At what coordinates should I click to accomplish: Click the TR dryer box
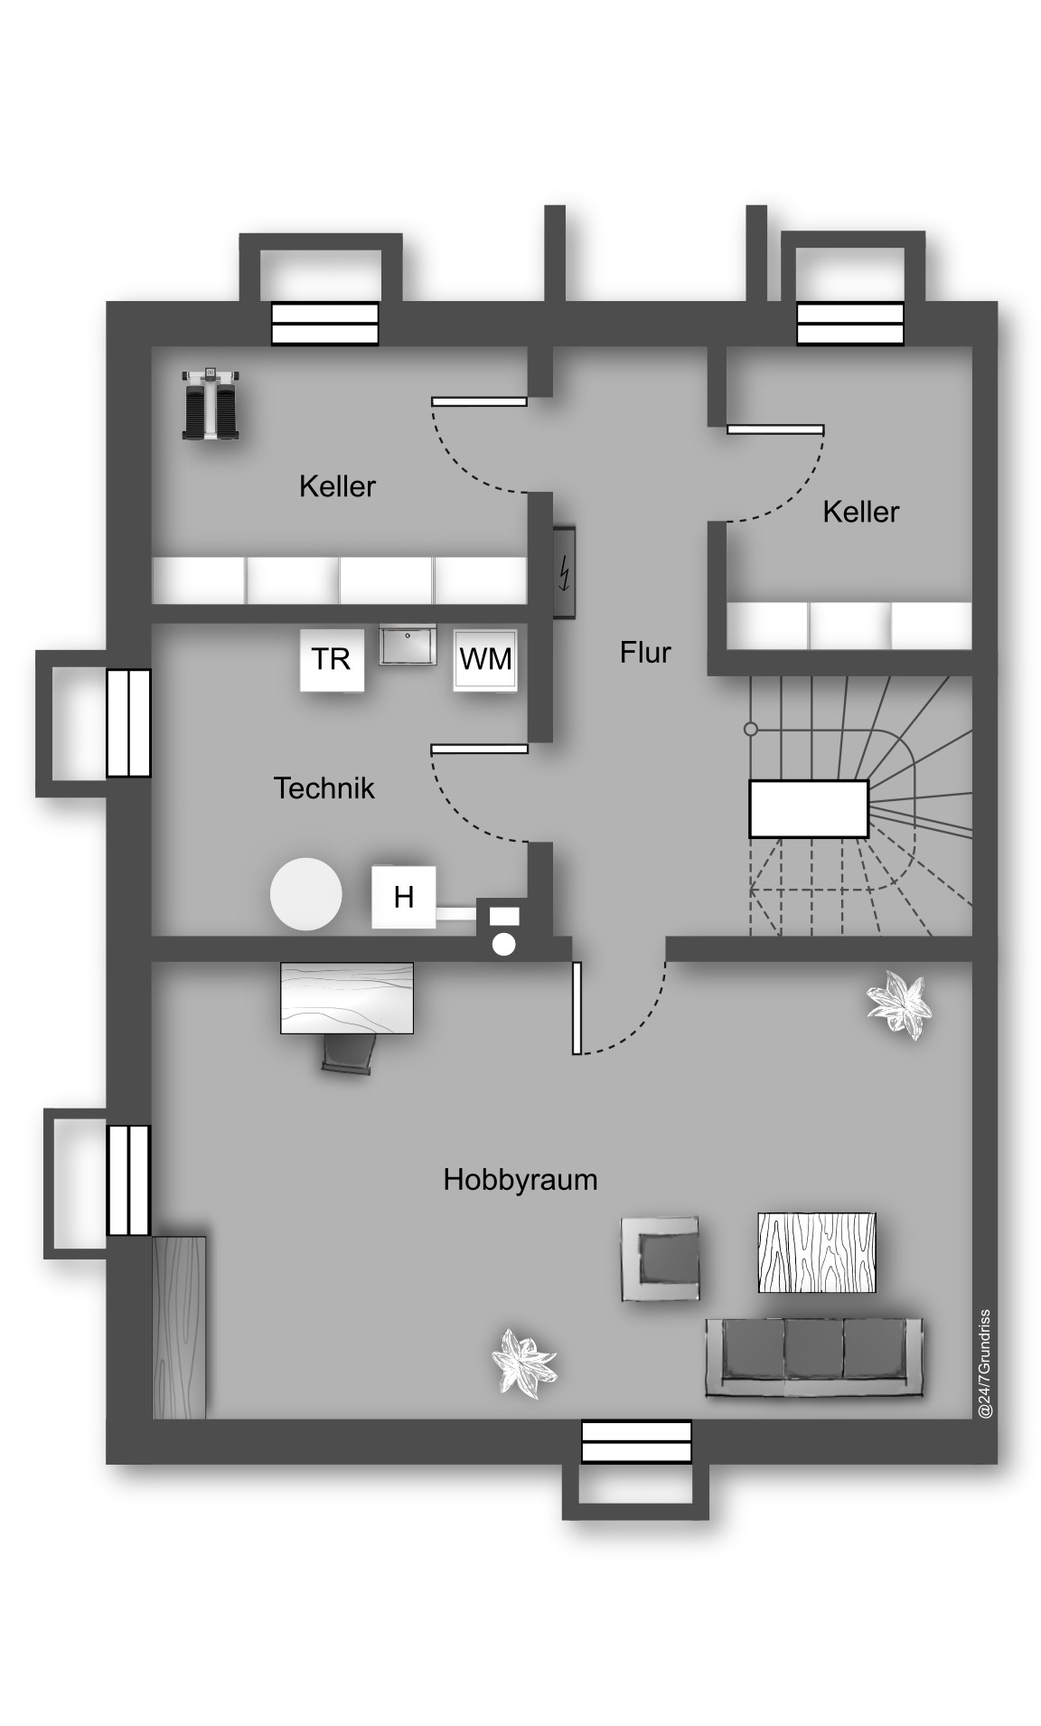pyautogui.click(x=332, y=660)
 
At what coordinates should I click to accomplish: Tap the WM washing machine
pyautogui.click(x=485, y=660)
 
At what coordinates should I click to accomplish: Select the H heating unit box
pyautogui.click(x=403, y=897)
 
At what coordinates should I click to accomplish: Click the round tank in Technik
pyautogui.click(x=306, y=893)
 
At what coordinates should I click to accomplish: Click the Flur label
pyautogui.click(x=645, y=652)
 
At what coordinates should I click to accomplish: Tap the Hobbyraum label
pyautogui.click(x=520, y=1180)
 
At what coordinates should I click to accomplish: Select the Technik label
pyautogui.click(x=324, y=788)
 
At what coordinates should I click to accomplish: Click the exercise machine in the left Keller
pyautogui.click(x=211, y=403)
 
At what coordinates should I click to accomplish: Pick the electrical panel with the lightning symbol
pyautogui.click(x=565, y=572)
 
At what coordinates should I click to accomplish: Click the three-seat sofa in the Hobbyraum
pyautogui.click(x=814, y=1358)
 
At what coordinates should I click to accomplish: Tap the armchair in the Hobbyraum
pyautogui.click(x=660, y=1259)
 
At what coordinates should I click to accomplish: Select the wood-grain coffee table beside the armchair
pyautogui.click(x=817, y=1252)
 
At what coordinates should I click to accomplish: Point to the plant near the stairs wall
pyautogui.click(x=898, y=1004)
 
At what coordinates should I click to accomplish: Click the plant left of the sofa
pyautogui.click(x=522, y=1363)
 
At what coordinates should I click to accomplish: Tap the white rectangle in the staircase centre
pyautogui.click(x=809, y=808)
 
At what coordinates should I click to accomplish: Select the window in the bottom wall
pyautogui.click(x=636, y=1441)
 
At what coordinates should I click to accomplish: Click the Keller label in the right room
pyautogui.click(x=860, y=512)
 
